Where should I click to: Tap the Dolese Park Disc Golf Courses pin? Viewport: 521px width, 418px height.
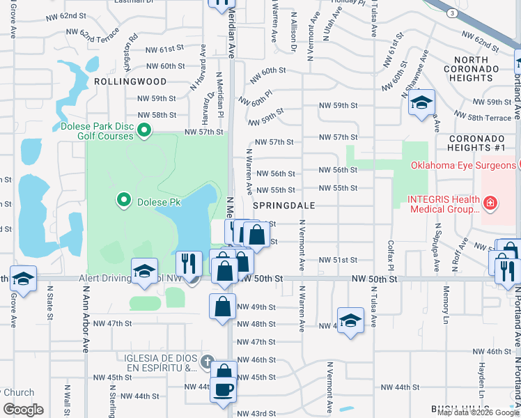145,130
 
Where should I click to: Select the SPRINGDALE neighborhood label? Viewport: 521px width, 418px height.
285,206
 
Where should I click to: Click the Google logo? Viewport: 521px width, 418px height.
23,410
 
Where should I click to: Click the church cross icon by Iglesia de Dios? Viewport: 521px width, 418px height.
206,362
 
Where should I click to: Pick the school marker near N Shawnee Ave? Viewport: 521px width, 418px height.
421,103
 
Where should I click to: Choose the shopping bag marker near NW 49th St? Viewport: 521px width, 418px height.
222,306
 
